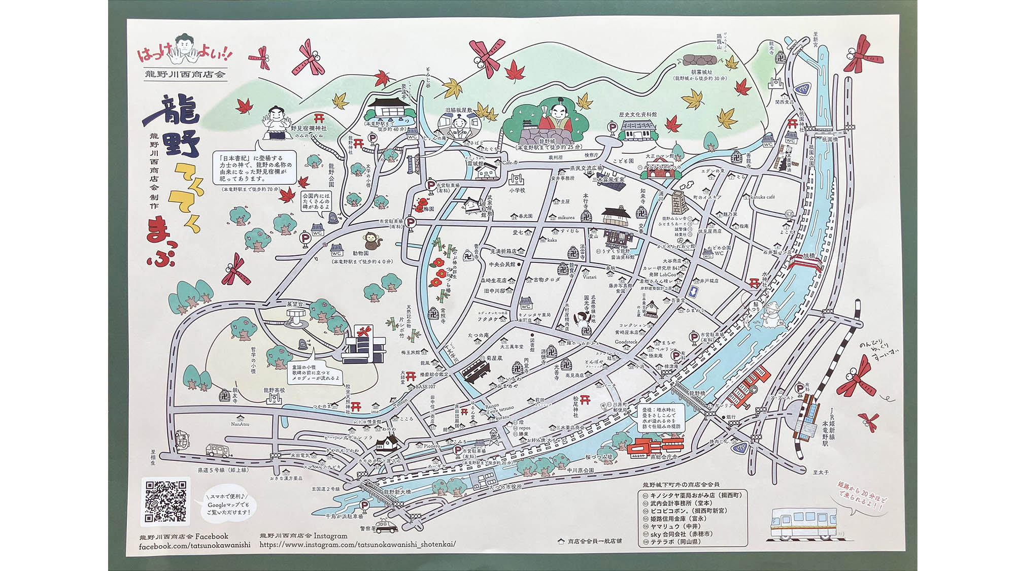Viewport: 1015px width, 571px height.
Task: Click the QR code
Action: [x=165, y=501]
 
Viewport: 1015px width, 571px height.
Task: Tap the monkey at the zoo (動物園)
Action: [x=373, y=241]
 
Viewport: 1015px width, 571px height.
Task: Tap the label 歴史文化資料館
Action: [x=637, y=115]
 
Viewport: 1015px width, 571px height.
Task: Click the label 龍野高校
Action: [x=274, y=390]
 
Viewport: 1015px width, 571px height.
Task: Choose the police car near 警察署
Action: [x=387, y=526]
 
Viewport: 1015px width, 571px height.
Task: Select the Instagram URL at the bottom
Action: [x=357, y=545]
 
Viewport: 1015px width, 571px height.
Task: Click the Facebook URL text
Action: [x=194, y=546]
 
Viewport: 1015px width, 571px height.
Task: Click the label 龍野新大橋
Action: [x=397, y=492]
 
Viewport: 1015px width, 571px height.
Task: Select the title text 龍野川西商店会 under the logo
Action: [x=185, y=74]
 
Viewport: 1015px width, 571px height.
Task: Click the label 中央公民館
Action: [x=502, y=264]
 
